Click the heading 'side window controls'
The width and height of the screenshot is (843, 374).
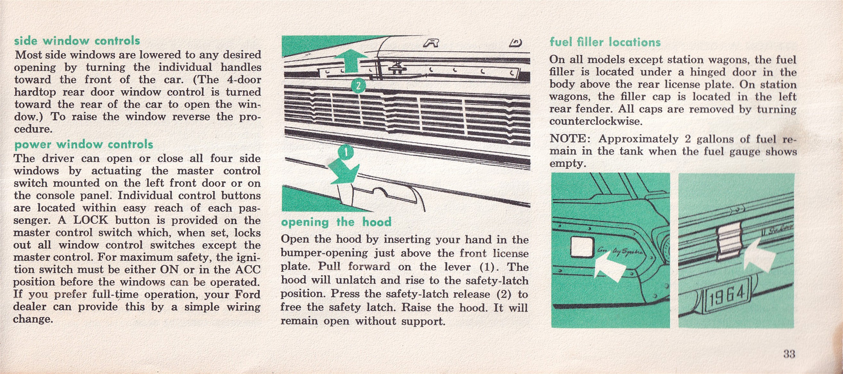click(x=77, y=41)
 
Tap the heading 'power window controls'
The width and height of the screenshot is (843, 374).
click(x=83, y=144)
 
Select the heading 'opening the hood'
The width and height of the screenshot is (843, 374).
click(x=336, y=222)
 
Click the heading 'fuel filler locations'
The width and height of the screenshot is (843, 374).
click(x=605, y=42)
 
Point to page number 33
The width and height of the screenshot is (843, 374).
click(x=789, y=354)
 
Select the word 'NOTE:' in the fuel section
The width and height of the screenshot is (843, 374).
click(x=570, y=139)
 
